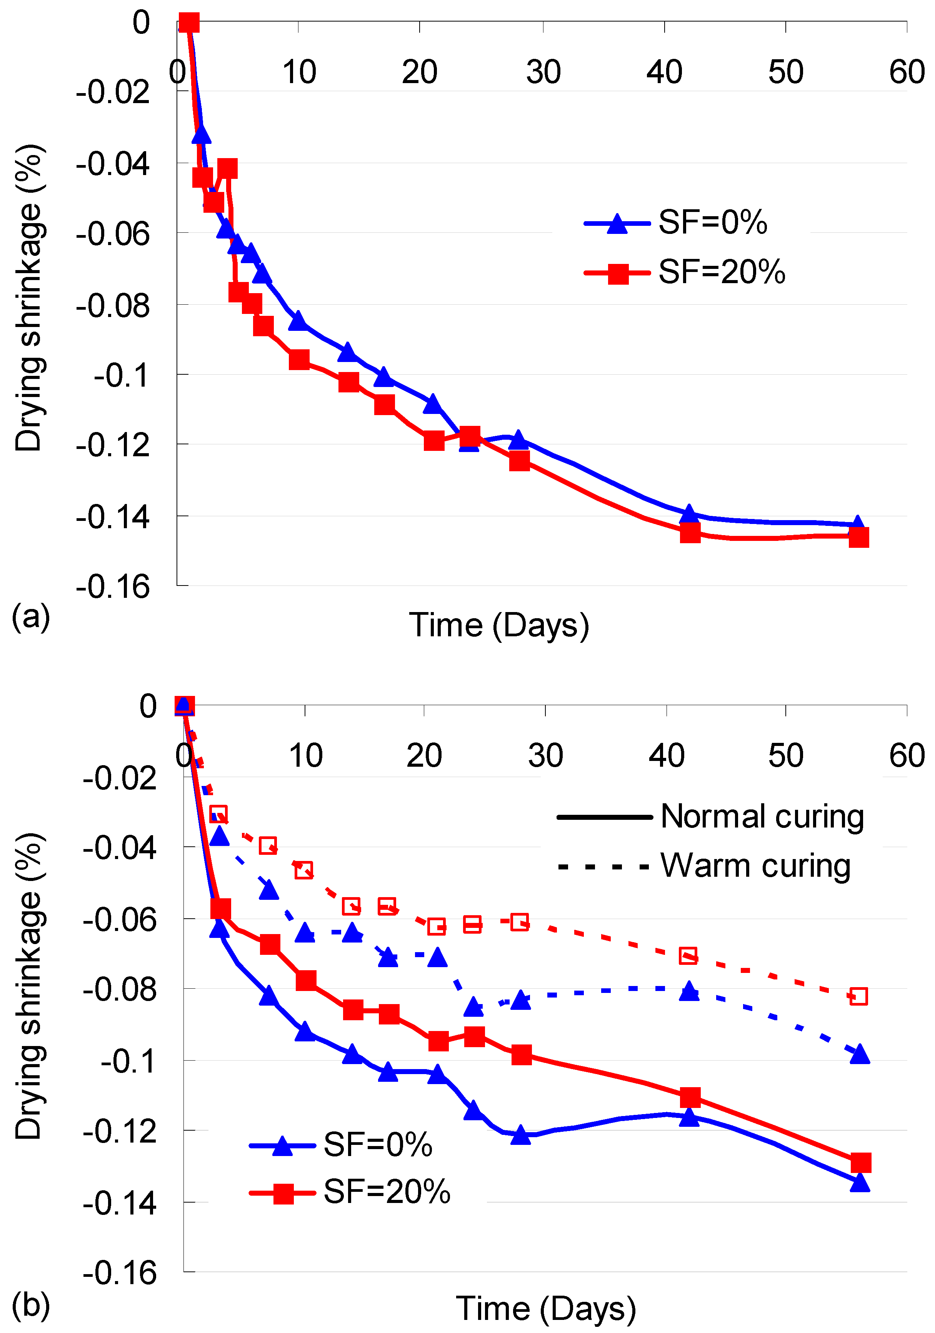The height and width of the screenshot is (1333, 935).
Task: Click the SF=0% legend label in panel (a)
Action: [x=713, y=222]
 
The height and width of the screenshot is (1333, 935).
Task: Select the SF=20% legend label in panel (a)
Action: [x=722, y=272]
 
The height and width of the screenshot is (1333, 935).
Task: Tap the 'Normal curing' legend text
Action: [x=762, y=816]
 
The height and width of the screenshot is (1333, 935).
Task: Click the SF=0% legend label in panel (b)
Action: [x=378, y=1145]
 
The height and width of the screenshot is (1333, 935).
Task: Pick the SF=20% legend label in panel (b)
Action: [x=387, y=1192]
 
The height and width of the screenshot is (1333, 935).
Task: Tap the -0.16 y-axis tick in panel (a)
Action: [x=113, y=587]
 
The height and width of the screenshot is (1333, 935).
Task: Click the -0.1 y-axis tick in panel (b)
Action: [x=128, y=1061]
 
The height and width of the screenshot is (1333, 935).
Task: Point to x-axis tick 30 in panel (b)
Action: [x=545, y=755]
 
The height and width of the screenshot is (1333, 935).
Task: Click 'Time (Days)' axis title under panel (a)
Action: [x=499, y=625]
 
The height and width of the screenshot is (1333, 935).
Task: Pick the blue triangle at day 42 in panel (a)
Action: [x=689, y=514]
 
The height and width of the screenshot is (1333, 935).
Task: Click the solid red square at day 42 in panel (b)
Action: [x=690, y=1097]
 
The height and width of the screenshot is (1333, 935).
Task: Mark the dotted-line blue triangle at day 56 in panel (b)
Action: [x=859, y=1054]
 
